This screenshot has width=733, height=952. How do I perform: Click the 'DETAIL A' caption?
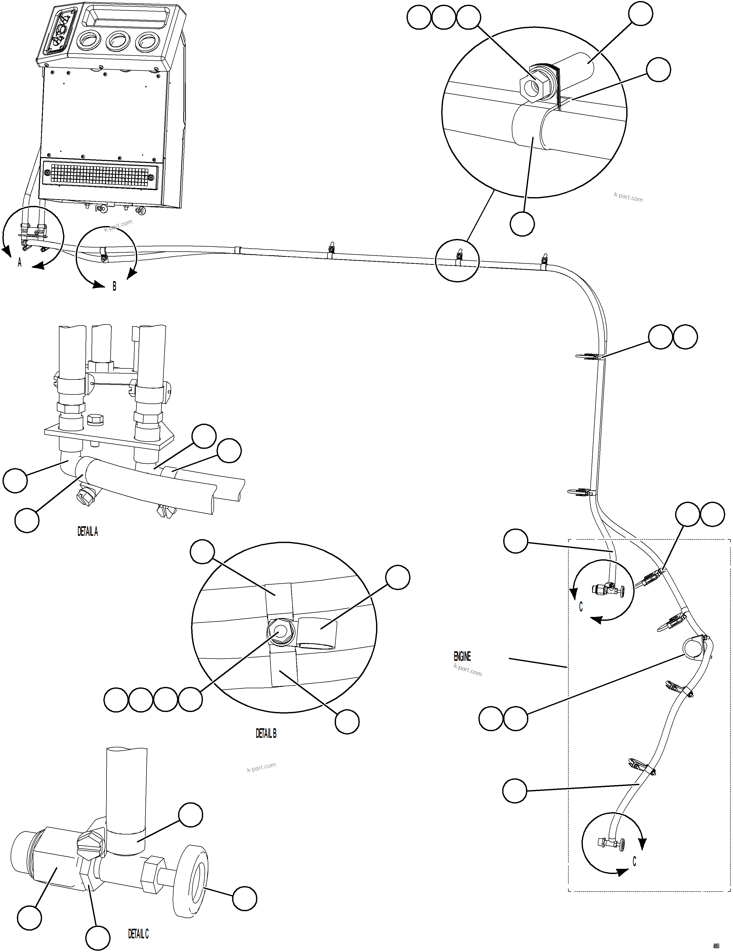coord(88,531)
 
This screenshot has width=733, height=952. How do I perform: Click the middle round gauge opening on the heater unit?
coord(118,42)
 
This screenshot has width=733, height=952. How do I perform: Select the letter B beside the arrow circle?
coord(114,287)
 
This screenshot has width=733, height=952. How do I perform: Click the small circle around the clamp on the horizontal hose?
coord(457,260)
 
